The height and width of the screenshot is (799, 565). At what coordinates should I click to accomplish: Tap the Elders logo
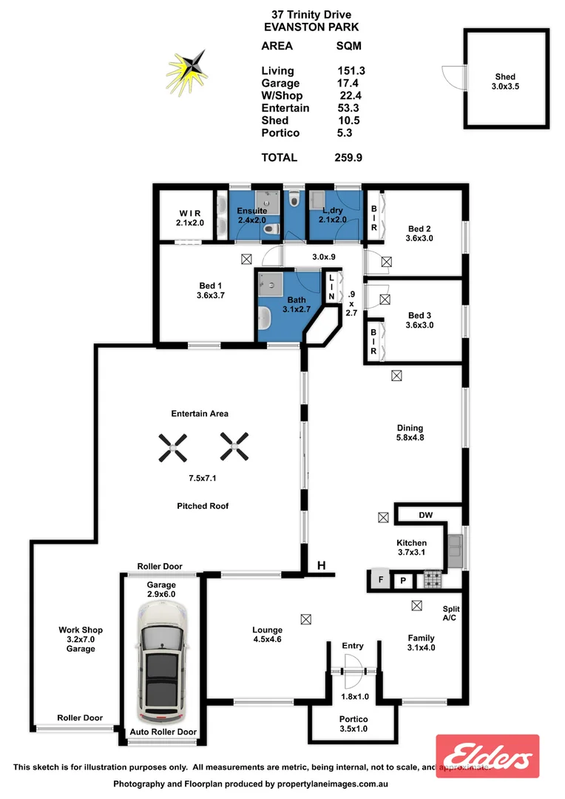pos(487,756)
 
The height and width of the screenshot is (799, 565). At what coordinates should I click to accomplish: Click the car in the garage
pos(160,664)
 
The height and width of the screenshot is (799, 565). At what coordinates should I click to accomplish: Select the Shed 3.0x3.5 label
pos(505,81)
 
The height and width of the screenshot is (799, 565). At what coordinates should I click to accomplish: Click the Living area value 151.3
pos(351,71)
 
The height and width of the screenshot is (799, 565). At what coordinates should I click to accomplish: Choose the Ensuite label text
pos(251,212)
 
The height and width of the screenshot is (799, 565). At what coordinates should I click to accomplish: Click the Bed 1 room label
pos(210,291)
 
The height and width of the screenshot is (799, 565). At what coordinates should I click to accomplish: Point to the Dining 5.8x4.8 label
pos(410,433)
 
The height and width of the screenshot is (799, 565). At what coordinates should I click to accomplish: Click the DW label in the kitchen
pos(425,515)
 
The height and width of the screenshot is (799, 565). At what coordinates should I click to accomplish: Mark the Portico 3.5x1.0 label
pos(353,724)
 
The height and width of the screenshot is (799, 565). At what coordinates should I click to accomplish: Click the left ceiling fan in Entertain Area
pos(172,446)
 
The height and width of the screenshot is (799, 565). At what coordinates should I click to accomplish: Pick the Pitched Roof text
pos(203,506)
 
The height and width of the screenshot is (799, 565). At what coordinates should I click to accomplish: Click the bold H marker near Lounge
pos(321,566)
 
